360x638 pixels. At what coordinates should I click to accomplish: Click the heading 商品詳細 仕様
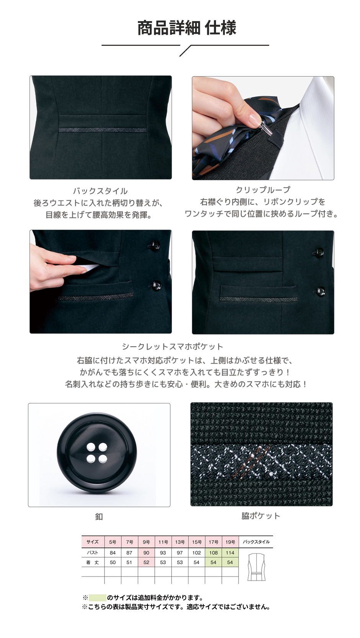pyautogui.click(x=187, y=28)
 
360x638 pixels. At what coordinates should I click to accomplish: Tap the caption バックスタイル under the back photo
pyautogui.click(x=100, y=191)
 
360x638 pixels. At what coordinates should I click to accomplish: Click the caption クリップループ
pyautogui.click(x=263, y=190)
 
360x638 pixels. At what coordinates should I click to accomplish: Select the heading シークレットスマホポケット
pyautogui.click(x=172, y=347)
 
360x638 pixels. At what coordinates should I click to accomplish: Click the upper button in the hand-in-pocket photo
pyautogui.click(x=155, y=245)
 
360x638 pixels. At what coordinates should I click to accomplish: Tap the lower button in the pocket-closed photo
pyautogui.click(x=319, y=291)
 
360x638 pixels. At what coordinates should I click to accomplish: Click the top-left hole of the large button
pyautogui.click(x=91, y=447)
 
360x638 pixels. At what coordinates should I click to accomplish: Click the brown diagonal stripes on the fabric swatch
pyautogui.click(x=249, y=462)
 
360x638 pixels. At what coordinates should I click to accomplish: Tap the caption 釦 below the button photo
pyautogui.click(x=99, y=517)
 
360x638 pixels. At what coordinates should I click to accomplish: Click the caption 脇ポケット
pyautogui.click(x=261, y=516)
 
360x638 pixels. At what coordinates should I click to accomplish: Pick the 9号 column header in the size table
pyautogui.click(x=146, y=542)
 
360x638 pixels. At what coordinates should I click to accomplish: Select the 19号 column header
pyautogui.click(x=230, y=542)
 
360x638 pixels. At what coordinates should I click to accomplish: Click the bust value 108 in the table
pyautogui.click(x=213, y=553)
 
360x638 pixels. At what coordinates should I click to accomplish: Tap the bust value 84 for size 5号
pyautogui.click(x=113, y=553)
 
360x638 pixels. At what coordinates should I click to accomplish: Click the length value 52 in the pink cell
pyautogui.click(x=146, y=562)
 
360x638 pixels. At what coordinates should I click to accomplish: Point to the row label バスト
pyautogui.click(x=92, y=553)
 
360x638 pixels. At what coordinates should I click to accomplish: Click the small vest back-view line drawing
pyautogui.click(x=256, y=567)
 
